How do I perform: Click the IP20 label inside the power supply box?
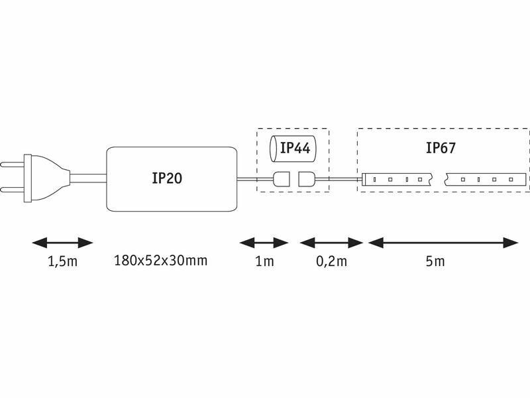(x=167, y=178)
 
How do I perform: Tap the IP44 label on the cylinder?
(x=295, y=148)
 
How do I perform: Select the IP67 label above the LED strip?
(x=441, y=148)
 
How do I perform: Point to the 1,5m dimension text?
(x=63, y=261)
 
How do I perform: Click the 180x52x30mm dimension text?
(x=160, y=261)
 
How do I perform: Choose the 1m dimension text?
(x=264, y=261)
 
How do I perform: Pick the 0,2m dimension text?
(x=332, y=261)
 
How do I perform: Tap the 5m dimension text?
(x=435, y=261)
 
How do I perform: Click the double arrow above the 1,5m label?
(x=62, y=243)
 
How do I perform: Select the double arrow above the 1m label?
(x=264, y=243)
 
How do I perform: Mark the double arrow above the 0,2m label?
(x=332, y=243)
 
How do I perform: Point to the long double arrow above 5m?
(x=443, y=243)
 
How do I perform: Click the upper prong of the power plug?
(x=12, y=165)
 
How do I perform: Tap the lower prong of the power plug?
(x=12, y=189)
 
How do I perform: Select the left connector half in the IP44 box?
(x=282, y=179)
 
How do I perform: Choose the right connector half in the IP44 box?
(x=307, y=179)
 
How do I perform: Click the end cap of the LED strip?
(x=365, y=180)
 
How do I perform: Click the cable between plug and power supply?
(x=89, y=178)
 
